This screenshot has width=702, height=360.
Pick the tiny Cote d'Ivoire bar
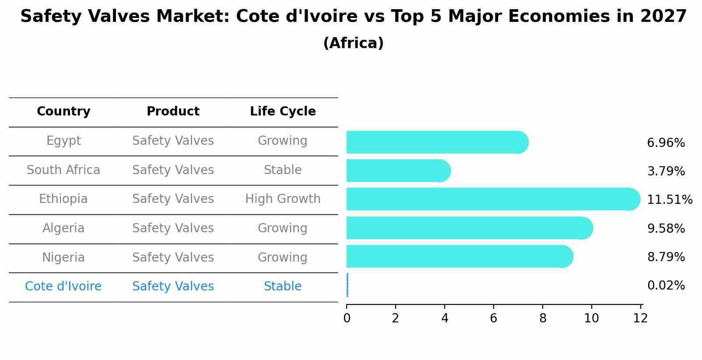(347, 285)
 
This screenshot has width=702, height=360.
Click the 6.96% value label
(665, 143)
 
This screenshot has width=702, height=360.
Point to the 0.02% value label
(665, 286)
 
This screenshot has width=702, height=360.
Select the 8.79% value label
(665, 257)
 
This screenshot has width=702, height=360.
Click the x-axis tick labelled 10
(591, 318)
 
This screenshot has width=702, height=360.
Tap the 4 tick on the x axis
(445, 318)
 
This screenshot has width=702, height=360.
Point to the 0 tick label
(347, 318)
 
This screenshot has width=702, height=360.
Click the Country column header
(63, 112)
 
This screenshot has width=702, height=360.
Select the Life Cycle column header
(283, 112)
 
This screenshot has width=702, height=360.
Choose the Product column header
(173, 112)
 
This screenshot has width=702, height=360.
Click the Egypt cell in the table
(63, 141)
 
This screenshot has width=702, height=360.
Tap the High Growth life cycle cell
(283, 199)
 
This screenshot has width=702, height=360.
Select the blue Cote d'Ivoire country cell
(63, 287)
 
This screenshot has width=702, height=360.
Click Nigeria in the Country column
(63, 257)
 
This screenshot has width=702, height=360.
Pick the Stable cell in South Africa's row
(283, 170)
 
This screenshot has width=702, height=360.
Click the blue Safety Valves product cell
(173, 287)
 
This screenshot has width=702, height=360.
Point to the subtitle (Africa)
(353, 43)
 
